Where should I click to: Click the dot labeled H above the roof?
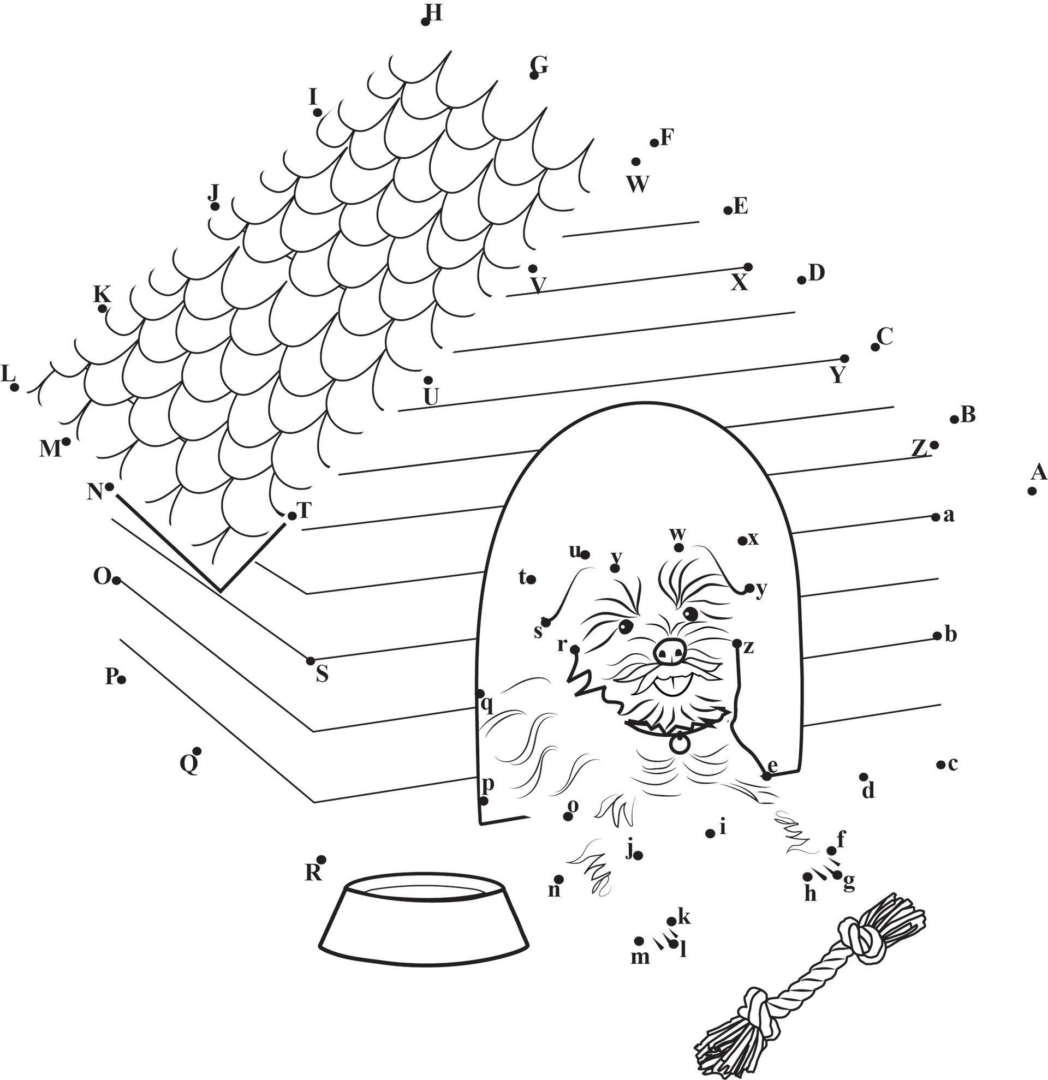click(x=425, y=22)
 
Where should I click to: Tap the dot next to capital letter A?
click(x=1032, y=491)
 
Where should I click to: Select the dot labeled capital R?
click(x=322, y=860)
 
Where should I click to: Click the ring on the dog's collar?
click(x=680, y=743)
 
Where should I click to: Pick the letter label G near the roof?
click(x=539, y=65)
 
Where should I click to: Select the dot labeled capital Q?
click(x=197, y=751)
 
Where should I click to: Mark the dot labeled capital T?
click(x=291, y=516)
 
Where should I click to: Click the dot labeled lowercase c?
click(x=939, y=764)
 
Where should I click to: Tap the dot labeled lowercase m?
click(x=639, y=941)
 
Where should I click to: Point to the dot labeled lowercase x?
click(x=742, y=541)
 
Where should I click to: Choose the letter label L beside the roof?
click(x=7, y=374)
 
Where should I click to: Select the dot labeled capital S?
click(x=310, y=661)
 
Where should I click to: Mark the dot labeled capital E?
click(x=727, y=211)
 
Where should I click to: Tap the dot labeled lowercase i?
click(x=710, y=834)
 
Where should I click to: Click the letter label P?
click(x=112, y=676)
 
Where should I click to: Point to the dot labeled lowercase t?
click(x=531, y=579)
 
